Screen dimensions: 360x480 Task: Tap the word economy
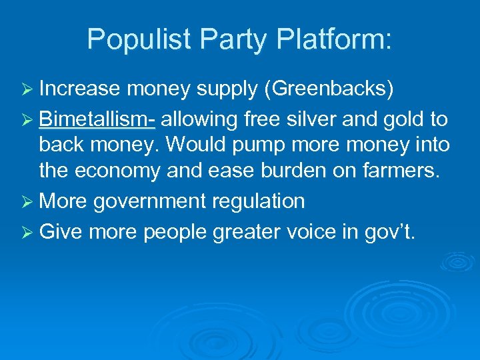click(x=125, y=171)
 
